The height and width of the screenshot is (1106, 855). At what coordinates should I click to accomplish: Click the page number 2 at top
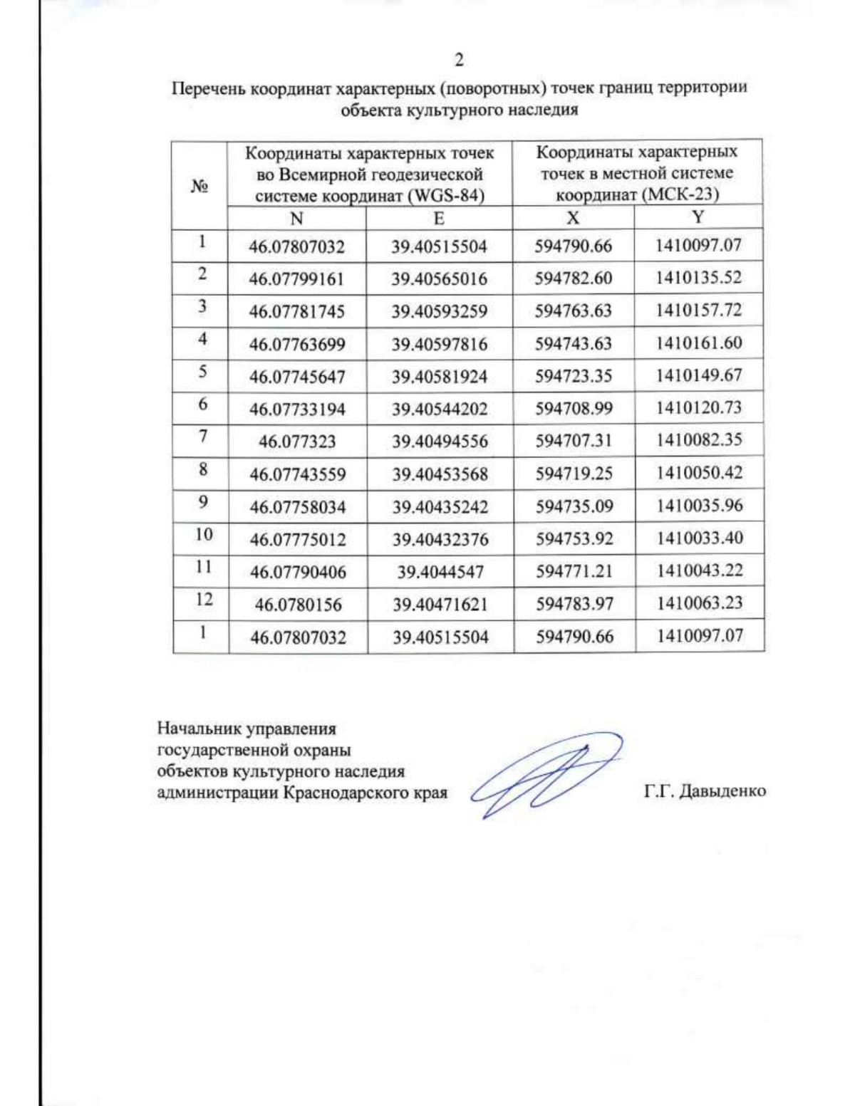point(459,61)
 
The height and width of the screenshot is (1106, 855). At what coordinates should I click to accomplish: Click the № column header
point(199,186)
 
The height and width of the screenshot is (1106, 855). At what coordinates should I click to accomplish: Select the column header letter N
point(296,218)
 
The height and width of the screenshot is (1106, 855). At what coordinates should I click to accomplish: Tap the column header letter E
point(439,218)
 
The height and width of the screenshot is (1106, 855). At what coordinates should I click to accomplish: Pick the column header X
point(573,217)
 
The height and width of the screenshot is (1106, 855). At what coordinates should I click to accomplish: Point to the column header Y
point(698,216)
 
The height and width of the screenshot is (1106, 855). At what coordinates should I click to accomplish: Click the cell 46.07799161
point(296,279)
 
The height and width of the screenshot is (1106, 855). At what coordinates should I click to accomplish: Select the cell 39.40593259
point(439,312)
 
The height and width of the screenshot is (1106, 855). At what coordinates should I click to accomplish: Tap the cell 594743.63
point(574,343)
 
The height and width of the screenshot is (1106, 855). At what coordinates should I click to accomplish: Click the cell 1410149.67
point(699,375)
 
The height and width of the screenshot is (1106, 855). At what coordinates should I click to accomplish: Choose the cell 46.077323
point(297,442)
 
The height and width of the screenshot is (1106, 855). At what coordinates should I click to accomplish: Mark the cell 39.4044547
point(440,572)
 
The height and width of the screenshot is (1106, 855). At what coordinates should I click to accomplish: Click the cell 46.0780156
point(298,605)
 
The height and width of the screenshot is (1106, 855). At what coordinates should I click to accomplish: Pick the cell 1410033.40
point(700,538)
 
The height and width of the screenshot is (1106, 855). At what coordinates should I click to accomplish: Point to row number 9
point(203,502)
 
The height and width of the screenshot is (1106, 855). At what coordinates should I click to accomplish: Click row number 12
point(204,600)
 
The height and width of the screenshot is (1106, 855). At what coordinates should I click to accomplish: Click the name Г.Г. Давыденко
point(705,791)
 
